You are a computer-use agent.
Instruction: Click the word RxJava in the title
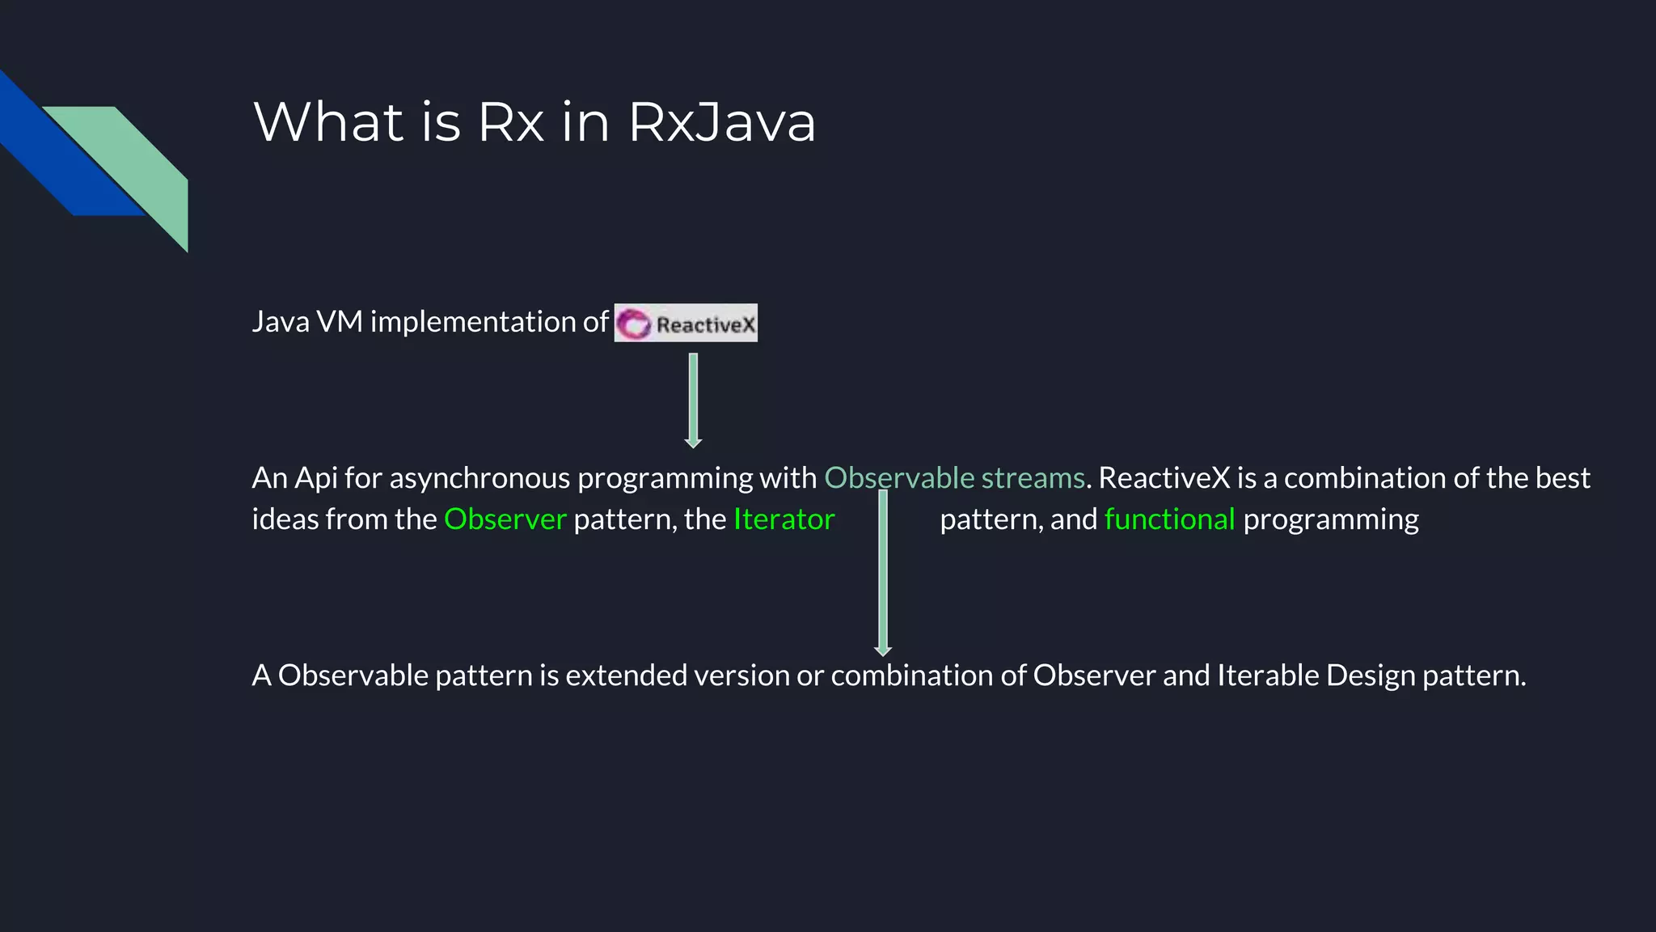721,123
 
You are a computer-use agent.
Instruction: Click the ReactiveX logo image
686,323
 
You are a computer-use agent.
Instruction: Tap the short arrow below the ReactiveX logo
693,400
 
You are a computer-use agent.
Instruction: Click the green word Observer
505,519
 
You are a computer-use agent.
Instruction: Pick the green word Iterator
784,519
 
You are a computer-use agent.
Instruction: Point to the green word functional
1169,519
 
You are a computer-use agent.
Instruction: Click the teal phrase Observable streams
954,478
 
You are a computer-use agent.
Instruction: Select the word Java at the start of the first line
281,322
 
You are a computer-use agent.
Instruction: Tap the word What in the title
328,123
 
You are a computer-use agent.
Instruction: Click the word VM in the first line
340,322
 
